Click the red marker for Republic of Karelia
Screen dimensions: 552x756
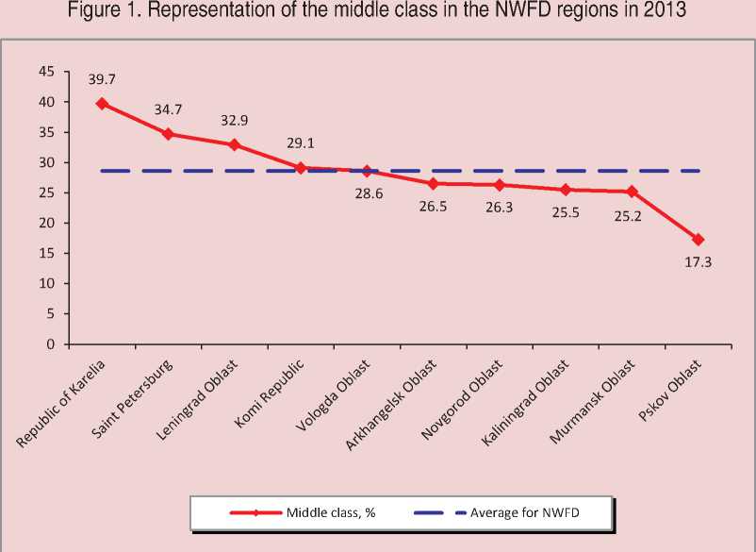coord(102,104)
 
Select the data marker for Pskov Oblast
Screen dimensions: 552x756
coord(698,240)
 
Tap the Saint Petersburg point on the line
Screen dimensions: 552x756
coord(168,134)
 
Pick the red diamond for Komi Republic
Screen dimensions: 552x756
coord(300,168)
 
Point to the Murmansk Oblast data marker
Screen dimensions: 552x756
coord(632,192)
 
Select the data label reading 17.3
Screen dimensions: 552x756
coord(698,262)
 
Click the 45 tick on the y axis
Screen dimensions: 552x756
coord(45,72)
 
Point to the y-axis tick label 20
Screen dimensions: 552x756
coord(45,223)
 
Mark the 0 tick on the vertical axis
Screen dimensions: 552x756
coord(49,344)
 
